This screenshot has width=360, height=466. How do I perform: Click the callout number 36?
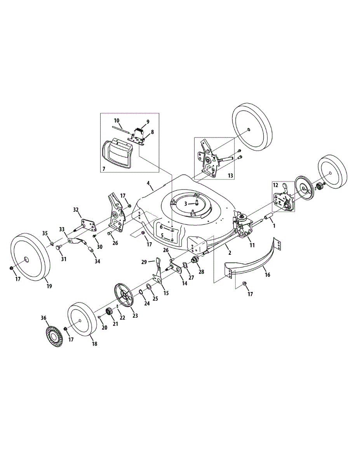43,318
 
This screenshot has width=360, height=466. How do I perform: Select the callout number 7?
104,169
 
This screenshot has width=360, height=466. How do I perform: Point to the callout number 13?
230,176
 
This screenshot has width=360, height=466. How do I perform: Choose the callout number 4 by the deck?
148,182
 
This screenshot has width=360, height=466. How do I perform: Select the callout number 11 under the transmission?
252,245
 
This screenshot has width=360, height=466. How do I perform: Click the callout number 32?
76,210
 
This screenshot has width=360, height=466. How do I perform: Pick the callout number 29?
144,263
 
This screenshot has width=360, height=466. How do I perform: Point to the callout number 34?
97,261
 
